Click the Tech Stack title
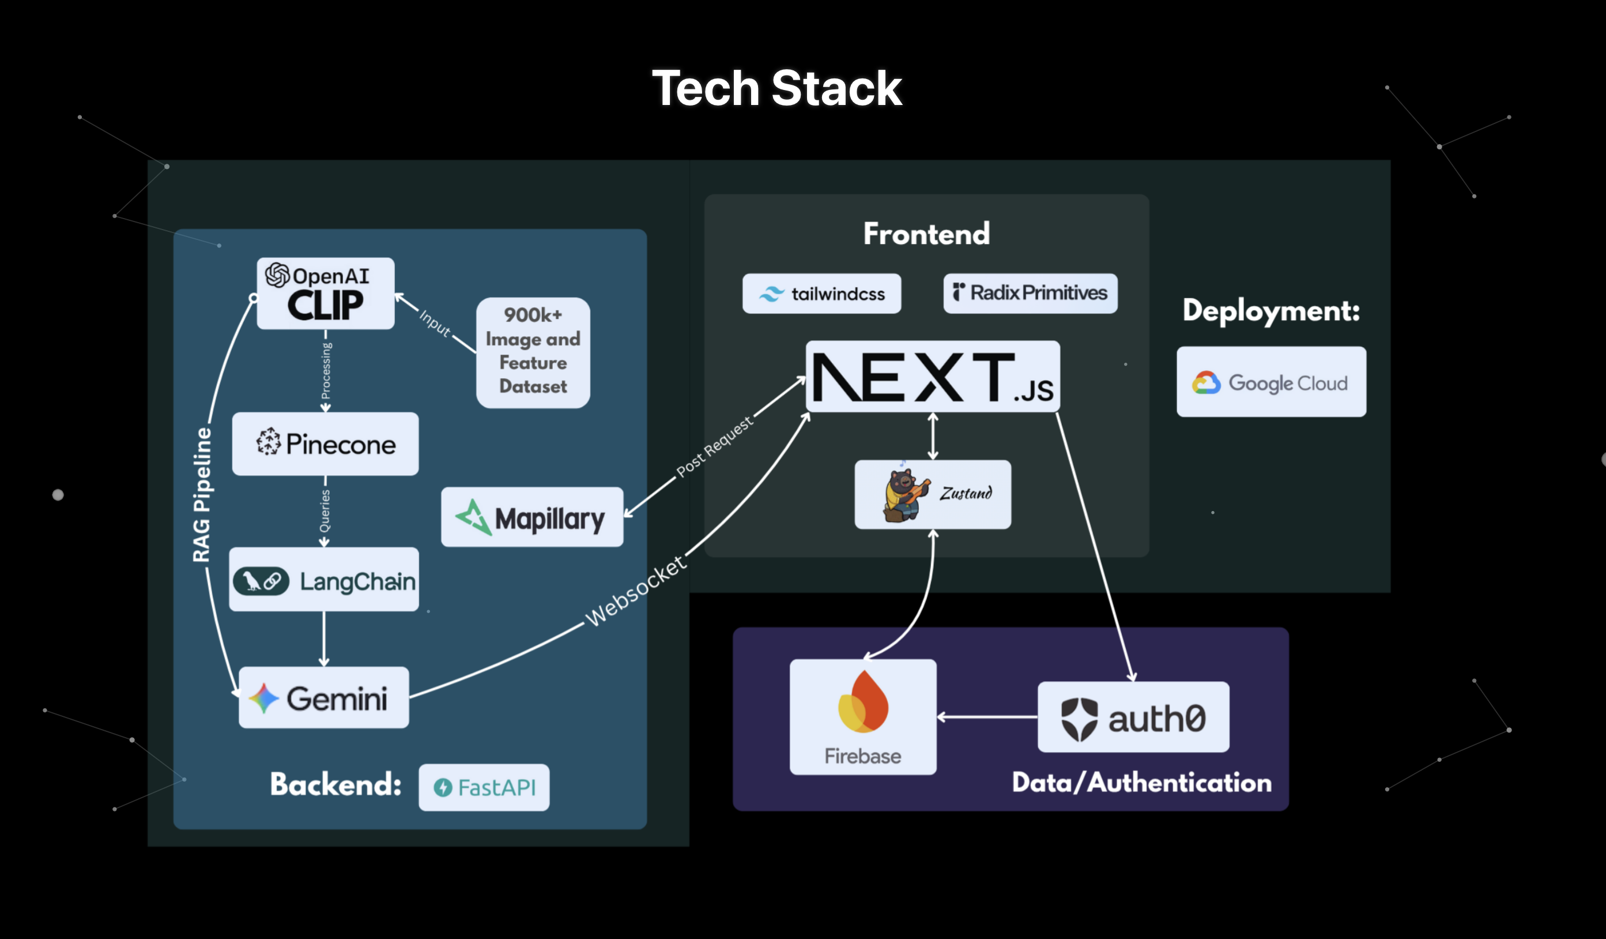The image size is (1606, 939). [776, 88]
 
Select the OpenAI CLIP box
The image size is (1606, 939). [325, 293]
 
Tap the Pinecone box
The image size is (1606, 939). [325, 444]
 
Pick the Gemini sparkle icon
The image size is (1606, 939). [263, 698]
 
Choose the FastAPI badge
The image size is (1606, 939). [484, 787]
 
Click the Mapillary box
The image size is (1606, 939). [531, 517]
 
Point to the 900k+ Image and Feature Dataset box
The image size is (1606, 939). [533, 352]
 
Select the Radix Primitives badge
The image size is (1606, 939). [1030, 293]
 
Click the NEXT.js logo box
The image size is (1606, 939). [932, 376]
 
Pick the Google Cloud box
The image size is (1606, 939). [1271, 382]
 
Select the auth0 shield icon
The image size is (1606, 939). [1079, 719]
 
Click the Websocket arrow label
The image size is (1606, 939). [636, 591]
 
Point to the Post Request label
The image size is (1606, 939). [714, 446]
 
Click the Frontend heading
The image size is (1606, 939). [926, 234]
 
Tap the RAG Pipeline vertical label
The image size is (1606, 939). [202, 494]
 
